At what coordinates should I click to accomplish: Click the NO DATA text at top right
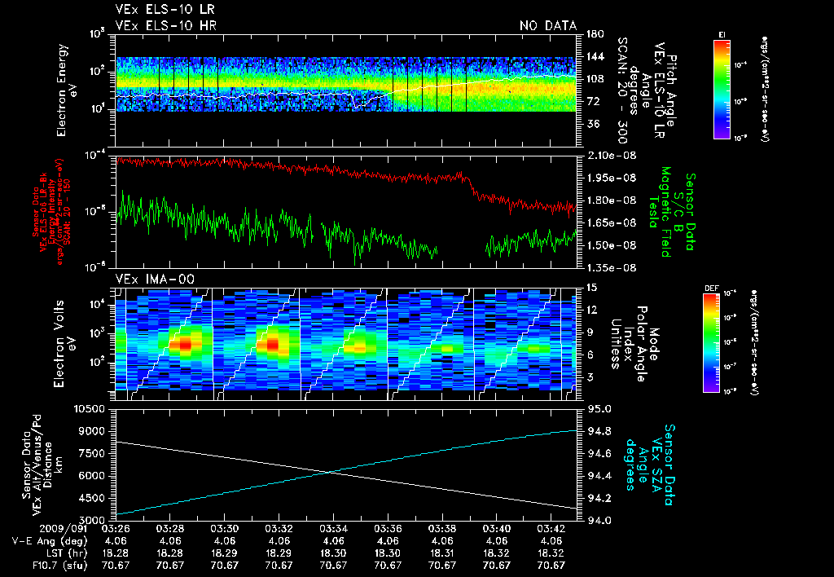[547, 26]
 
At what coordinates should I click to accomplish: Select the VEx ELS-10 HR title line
[165, 26]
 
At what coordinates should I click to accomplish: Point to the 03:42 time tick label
[551, 529]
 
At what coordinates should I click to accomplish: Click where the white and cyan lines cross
[331, 471]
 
